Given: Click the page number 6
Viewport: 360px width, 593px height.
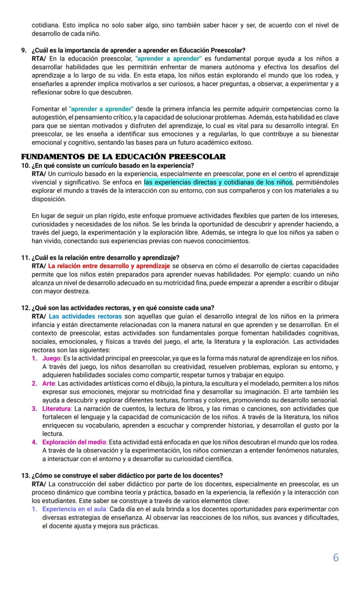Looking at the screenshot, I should pyautogui.click(x=335, y=558).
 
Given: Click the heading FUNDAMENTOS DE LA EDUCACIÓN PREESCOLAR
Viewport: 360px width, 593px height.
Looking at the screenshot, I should pyautogui.click(x=123, y=157).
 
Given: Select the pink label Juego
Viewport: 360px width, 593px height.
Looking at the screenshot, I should pyautogui.click(x=52, y=358).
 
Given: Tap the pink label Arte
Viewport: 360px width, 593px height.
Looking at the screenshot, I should pyautogui.click(x=49, y=383).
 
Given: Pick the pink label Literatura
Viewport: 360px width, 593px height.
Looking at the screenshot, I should pyautogui.click(x=57, y=409).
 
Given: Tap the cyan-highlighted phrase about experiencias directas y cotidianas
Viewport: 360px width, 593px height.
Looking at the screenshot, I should pyautogui.click(x=218, y=182).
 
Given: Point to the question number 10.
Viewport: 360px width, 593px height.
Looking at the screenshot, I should pyautogui.click(x=26, y=165).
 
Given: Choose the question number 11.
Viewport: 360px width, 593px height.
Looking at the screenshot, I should pyautogui.click(x=26, y=258).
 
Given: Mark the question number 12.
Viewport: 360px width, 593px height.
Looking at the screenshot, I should pyautogui.click(x=26, y=308).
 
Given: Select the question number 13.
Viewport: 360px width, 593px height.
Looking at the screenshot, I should pyautogui.click(x=26, y=475).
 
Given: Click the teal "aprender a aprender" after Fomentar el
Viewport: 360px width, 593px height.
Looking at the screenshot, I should pyautogui.click(x=101, y=109).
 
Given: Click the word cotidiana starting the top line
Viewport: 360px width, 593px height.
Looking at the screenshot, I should pyautogui.click(x=46, y=25).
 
